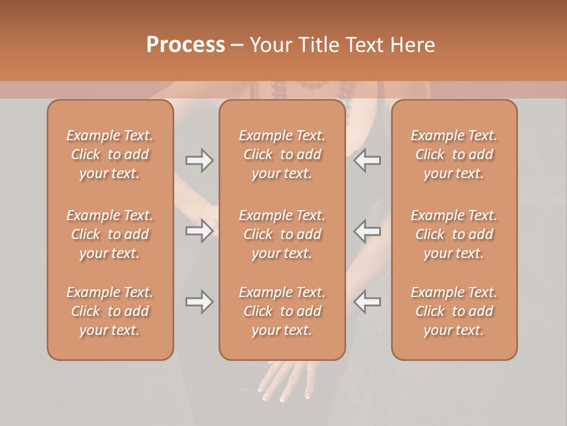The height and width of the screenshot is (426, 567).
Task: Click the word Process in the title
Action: pyautogui.click(x=185, y=45)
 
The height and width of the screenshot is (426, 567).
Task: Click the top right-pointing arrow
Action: pyautogui.click(x=199, y=160)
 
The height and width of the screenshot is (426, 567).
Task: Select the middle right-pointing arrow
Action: pyautogui.click(x=199, y=230)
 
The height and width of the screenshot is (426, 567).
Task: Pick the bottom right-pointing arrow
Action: pyautogui.click(x=199, y=302)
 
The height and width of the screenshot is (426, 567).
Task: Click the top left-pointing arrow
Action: pyautogui.click(x=367, y=160)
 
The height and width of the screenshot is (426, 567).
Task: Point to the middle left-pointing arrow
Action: pyautogui.click(x=367, y=230)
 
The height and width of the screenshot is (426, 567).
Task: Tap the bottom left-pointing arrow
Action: pyautogui.click(x=367, y=302)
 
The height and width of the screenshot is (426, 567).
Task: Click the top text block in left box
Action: pyautogui.click(x=110, y=154)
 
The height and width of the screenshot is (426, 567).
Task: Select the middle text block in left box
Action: pyautogui.click(x=110, y=234)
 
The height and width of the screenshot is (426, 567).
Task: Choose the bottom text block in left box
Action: pyautogui.click(x=110, y=311)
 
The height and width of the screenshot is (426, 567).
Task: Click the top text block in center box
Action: pyautogui.click(x=282, y=154)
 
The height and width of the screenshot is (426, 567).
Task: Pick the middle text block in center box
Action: pyautogui.click(x=282, y=234)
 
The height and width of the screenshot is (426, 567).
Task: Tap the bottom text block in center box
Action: pyautogui.click(x=282, y=311)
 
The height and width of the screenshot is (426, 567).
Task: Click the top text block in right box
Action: pyautogui.click(x=454, y=154)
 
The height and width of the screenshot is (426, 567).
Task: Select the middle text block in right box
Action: pyautogui.click(x=454, y=234)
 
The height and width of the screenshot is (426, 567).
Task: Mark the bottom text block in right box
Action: pyautogui.click(x=454, y=311)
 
